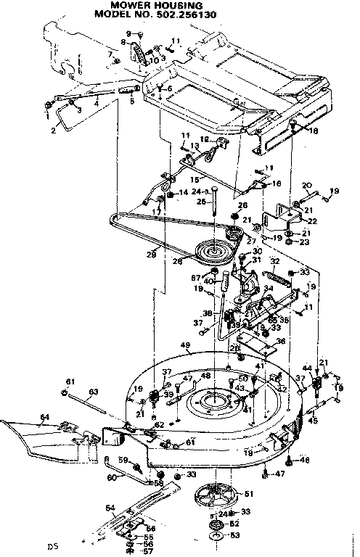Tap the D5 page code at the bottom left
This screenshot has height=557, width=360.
point(52,545)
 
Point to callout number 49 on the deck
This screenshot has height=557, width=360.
point(185,345)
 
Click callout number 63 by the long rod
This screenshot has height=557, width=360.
point(94,392)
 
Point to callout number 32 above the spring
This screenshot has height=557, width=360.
point(274,261)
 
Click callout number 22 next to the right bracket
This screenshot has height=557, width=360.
point(313,220)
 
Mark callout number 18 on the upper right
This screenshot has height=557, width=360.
point(314,131)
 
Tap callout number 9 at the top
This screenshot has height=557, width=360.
point(130,34)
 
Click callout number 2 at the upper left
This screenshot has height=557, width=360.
point(52,131)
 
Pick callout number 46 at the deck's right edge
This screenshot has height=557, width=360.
point(304,460)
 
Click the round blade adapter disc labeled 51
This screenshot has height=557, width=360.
point(218,496)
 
